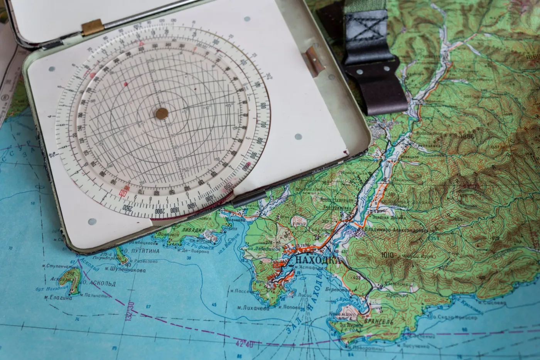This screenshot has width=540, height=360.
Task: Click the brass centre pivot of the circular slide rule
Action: point(162,113)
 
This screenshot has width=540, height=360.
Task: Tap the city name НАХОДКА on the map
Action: point(318,261)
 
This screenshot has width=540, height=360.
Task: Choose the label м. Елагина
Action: point(58,297)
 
